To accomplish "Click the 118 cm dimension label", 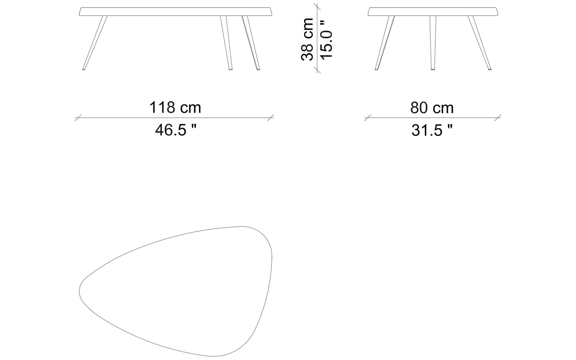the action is [x=175, y=108].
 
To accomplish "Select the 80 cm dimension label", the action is [x=432, y=108].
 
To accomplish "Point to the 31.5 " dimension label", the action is [x=432, y=130].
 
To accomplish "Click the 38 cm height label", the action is [x=307, y=39].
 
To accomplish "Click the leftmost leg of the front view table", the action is [x=94, y=43].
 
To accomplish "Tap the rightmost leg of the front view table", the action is [x=251, y=43].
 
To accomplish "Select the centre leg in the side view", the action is [x=433, y=43].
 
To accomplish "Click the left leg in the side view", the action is [x=385, y=43].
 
